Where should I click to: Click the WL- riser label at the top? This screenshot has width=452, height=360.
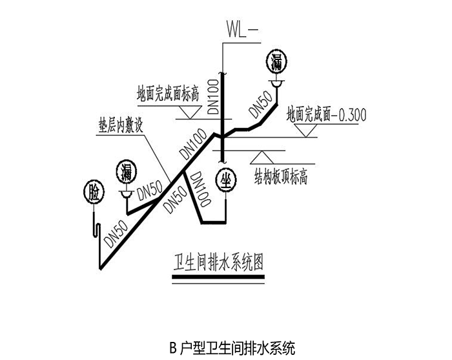(x=240, y=30)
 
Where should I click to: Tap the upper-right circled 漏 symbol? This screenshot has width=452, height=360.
(x=277, y=62)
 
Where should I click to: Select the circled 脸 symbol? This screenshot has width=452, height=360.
(x=94, y=193)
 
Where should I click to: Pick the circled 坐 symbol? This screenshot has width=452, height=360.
(x=226, y=180)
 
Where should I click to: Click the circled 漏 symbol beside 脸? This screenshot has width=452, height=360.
(x=127, y=172)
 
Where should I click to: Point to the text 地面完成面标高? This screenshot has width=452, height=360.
(x=168, y=93)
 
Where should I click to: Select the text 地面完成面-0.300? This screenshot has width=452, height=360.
(x=326, y=114)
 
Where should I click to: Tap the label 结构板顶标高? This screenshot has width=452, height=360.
(x=281, y=176)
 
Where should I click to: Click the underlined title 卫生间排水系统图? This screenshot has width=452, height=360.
(x=218, y=262)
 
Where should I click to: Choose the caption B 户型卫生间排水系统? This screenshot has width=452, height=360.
(x=232, y=348)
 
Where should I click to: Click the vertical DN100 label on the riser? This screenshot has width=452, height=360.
(x=213, y=96)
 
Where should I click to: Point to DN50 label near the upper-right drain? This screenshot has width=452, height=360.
(x=261, y=105)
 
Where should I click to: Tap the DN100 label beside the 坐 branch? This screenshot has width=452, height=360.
(x=201, y=189)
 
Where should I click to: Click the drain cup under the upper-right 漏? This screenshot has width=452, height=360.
(x=277, y=83)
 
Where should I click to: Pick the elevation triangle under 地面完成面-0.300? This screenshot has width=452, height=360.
(x=307, y=131)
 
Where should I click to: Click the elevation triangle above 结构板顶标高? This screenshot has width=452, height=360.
(x=262, y=157)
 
